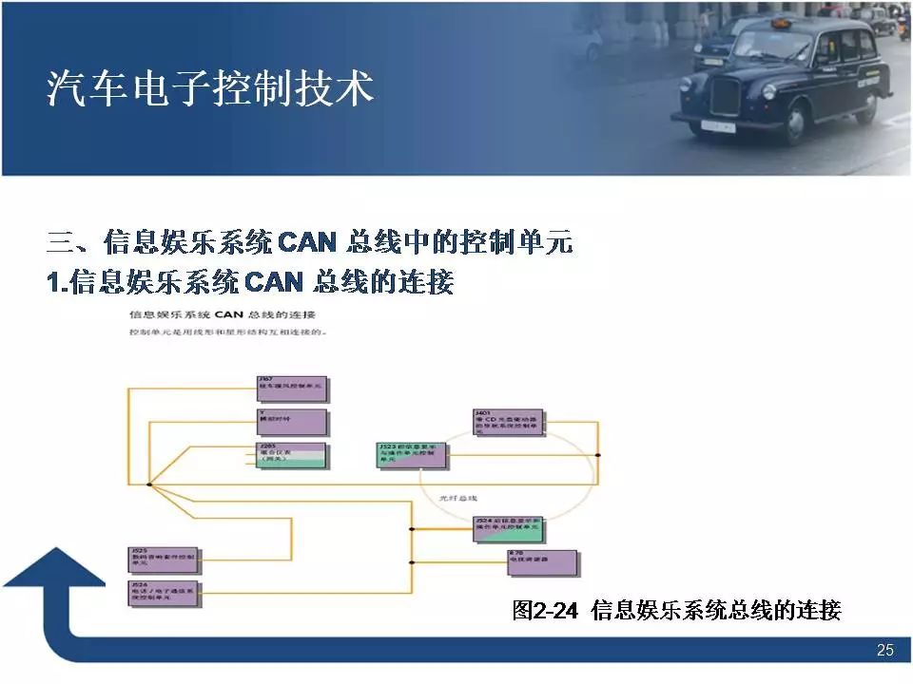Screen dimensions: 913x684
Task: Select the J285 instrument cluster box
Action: [293, 455]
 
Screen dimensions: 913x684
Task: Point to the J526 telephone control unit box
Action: [163, 593]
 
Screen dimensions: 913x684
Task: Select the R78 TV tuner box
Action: [542, 562]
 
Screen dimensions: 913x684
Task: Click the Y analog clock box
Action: [293, 422]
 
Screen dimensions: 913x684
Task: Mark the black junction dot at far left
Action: [149, 484]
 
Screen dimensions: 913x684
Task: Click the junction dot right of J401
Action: [597, 456]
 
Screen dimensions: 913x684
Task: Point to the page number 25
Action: [884, 651]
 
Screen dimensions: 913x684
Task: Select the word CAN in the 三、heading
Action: [307, 242]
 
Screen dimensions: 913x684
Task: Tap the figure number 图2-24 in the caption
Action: [545, 610]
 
